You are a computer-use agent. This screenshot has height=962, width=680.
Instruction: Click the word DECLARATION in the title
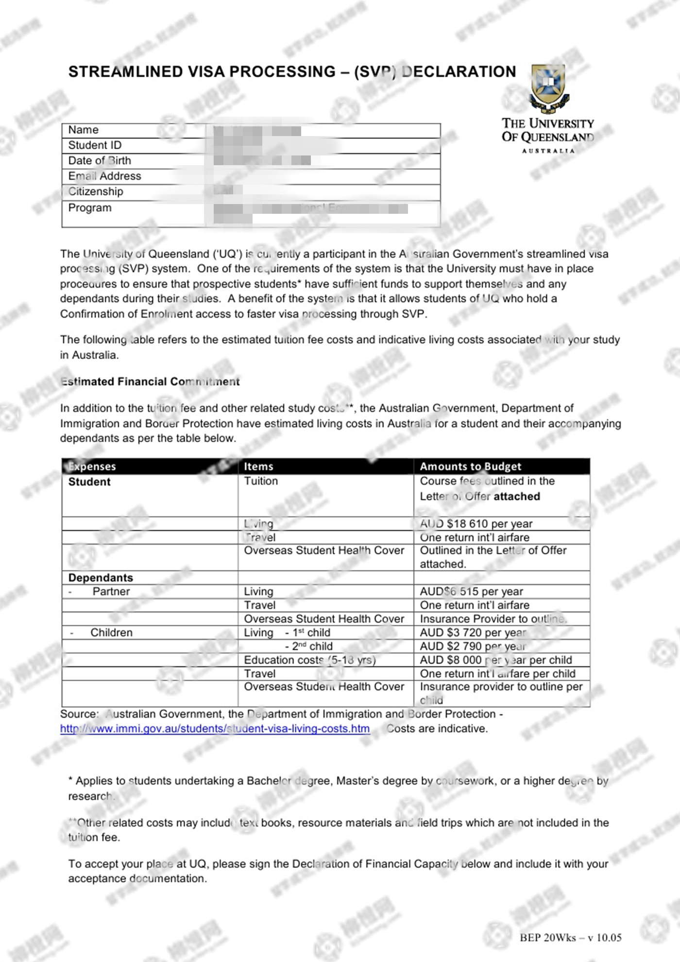(459, 72)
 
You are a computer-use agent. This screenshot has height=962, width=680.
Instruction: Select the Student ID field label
(95, 145)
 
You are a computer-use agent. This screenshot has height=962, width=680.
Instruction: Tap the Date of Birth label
(100, 161)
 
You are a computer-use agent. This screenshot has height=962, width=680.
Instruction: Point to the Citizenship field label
(96, 191)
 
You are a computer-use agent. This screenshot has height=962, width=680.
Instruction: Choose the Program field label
(90, 208)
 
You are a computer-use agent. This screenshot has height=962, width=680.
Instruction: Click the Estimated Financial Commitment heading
(150, 382)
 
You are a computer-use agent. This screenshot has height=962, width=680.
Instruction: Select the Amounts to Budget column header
(470, 466)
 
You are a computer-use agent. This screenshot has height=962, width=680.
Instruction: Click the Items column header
(258, 466)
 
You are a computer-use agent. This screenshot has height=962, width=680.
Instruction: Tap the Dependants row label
(101, 578)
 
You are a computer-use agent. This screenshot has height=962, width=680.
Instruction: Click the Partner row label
(111, 591)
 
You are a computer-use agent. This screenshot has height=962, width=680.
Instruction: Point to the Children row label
(111, 633)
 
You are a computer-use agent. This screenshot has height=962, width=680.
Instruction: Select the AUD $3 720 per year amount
(473, 633)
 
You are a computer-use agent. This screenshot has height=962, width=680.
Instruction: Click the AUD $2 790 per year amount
(473, 646)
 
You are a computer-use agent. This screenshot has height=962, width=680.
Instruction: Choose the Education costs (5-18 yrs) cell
(309, 660)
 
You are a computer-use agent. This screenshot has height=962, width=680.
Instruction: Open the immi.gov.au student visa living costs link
(215, 729)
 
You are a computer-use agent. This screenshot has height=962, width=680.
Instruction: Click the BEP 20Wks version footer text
(570, 938)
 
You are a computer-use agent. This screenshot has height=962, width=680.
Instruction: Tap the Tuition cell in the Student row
(261, 481)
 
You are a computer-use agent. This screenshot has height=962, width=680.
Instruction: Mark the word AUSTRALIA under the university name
(548, 151)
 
